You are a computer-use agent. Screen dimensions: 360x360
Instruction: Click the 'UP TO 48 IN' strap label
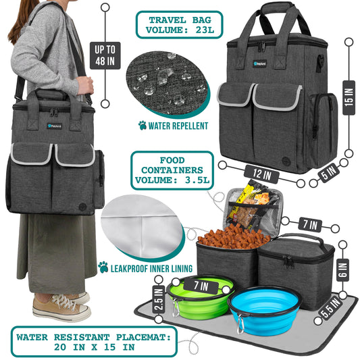coord(105,55)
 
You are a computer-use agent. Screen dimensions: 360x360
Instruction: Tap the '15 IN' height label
coord(349,97)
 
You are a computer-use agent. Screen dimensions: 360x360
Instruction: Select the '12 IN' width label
coord(261,174)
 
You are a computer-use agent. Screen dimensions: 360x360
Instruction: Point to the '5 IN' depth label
coord(330,172)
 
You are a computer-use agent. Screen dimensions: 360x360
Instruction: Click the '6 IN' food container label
coord(343,269)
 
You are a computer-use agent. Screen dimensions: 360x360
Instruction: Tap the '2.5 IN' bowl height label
coord(159,299)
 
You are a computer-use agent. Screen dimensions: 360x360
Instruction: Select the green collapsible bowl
coord(199,297)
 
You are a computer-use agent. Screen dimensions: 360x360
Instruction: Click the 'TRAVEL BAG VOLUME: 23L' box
coord(179,25)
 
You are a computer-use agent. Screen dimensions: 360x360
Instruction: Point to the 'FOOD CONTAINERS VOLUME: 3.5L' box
coord(172,170)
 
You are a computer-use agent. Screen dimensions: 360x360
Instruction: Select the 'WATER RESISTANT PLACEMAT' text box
coord(94,342)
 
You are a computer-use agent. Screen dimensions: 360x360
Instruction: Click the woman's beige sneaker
coord(61,307)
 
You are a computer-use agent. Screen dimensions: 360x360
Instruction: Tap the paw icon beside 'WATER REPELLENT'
coord(143,126)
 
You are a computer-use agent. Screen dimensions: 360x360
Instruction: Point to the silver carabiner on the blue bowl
coord(240,324)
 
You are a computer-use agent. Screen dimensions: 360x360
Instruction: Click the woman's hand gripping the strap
coord(85,85)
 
